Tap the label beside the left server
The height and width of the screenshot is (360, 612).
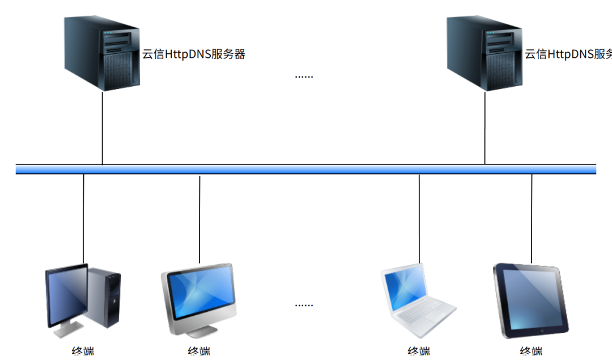193,54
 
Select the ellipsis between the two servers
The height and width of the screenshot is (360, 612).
304,76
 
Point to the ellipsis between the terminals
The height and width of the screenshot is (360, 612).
304,305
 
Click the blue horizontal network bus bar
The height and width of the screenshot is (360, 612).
306,169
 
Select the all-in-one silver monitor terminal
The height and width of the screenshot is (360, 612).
199,295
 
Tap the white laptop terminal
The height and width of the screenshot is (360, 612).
417,298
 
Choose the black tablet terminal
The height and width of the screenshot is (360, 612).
530,300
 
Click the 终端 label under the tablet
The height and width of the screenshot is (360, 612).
532,352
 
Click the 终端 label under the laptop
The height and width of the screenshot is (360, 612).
419,352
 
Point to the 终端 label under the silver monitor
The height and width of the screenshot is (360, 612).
199,352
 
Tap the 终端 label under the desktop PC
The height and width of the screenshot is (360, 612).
83,352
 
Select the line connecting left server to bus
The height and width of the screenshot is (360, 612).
103,128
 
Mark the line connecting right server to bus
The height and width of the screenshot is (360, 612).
485,128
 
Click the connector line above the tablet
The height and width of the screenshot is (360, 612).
532,218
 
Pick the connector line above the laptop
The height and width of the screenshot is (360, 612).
419,218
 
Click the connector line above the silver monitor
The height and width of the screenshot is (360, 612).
199,218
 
